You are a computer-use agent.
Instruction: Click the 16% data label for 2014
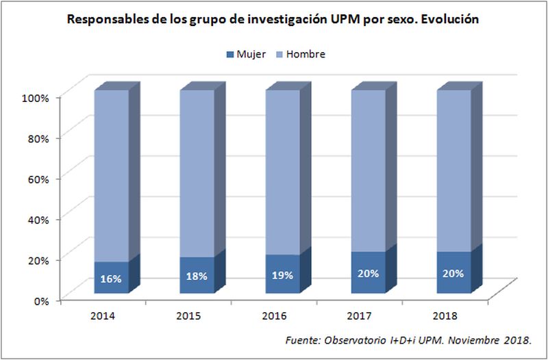point(111,279)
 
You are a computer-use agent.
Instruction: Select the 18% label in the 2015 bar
point(197,276)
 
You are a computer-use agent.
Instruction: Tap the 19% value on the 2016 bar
point(282,275)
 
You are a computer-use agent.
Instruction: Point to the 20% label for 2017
point(368,273)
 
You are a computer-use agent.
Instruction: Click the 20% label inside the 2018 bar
point(453,273)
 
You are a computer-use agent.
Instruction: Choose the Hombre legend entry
point(301,53)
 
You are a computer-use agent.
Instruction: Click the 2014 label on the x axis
point(103,316)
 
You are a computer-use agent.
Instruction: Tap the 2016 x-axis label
point(274,316)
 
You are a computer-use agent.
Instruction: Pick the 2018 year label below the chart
point(445,316)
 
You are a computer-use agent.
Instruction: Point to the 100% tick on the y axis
point(36,98)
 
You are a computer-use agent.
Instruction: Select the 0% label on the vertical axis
point(42,300)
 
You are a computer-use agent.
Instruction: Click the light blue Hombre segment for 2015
point(197,171)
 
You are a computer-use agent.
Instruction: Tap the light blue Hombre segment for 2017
point(368,171)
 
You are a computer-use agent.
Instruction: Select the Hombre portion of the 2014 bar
point(111,171)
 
